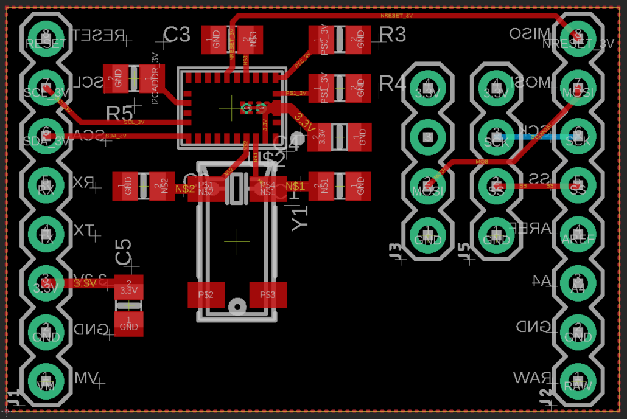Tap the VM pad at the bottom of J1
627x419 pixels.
click(46, 382)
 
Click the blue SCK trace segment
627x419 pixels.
click(536, 137)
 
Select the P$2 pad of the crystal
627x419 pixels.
click(206, 295)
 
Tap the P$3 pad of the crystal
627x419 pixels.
click(267, 295)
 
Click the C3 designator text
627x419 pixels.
click(177, 35)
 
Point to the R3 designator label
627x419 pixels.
click(393, 35)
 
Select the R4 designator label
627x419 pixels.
click(393, 83)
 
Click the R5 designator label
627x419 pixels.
click(119, 113)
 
